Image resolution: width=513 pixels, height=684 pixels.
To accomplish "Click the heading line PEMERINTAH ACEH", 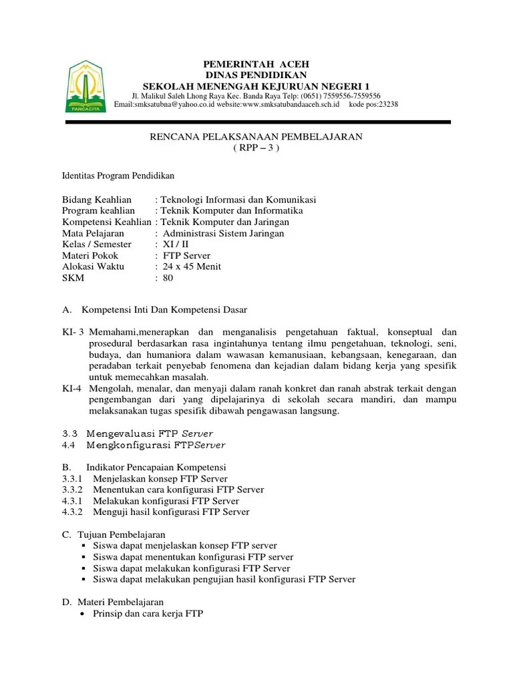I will pyautogui.click(x=256, y=63).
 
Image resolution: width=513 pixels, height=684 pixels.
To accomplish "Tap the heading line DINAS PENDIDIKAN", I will pyautogui.click(x=256, y=75).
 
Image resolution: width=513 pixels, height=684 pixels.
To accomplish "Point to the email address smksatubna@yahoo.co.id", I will pyautogui.click(x=171, y=104).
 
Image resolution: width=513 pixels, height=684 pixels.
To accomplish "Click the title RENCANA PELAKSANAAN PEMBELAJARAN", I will pyautogui.click(x=256, y=136).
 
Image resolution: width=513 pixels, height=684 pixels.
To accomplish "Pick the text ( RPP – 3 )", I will pyautogui.click(x=256, y=148).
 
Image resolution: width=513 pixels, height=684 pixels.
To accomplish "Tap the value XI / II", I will pyautogui.click(x=176, y=244).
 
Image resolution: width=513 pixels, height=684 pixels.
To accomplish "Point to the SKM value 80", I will pyautogui.click(x=168, y=278).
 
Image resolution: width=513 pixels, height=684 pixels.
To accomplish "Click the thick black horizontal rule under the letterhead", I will pyautogui.click(x=256, y=122).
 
